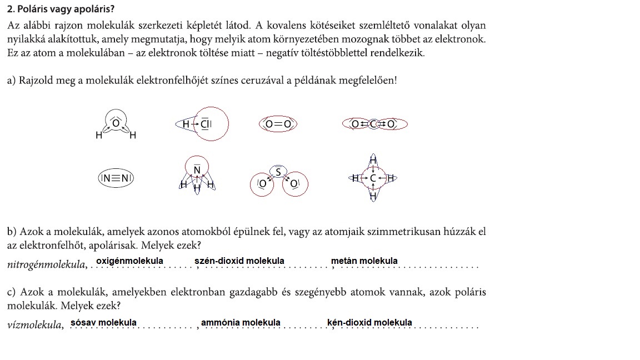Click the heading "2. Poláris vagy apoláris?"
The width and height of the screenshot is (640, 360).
[62, 10]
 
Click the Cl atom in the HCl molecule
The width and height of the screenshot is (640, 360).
[206, 124]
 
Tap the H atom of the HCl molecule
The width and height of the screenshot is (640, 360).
[187, 124]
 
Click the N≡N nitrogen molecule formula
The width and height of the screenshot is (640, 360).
[116, 178]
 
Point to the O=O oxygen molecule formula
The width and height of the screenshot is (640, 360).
[278, 124]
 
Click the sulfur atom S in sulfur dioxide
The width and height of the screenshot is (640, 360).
[279, 171]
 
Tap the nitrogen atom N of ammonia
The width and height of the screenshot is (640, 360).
[197, 168]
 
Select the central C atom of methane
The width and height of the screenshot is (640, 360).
[373, 178]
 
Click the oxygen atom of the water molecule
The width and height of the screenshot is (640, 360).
[116, 122]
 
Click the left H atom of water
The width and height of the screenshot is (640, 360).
[98, 136]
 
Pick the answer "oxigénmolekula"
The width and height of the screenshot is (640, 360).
[129, 261]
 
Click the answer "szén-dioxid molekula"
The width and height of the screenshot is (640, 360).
[239, 261]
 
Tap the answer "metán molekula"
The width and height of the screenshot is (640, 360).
[364, 261]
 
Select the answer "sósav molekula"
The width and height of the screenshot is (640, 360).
[103, 322]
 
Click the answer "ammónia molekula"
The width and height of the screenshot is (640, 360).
[241, 322]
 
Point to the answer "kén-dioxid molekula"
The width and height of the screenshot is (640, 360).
[369, 322]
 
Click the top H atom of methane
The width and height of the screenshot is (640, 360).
[373, 161]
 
